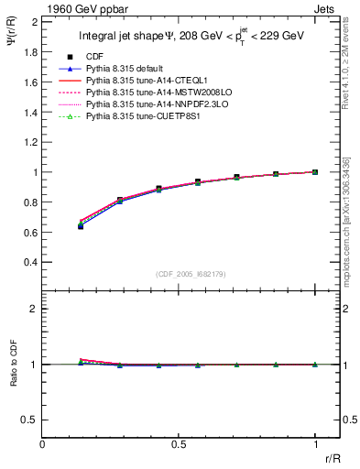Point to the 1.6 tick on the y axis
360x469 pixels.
[x=32, y=82]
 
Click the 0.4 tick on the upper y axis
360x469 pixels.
[x=32, y=262]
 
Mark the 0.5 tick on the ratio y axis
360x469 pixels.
[x=32, y=420]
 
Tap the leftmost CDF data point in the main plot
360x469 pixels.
[x=81, y=225]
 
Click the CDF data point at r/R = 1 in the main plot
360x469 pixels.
[x=315, y=171]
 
